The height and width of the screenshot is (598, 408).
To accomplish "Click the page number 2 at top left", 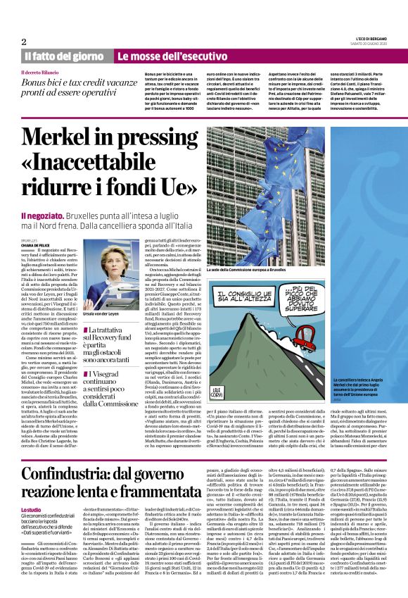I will click(x=24, y=42).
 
